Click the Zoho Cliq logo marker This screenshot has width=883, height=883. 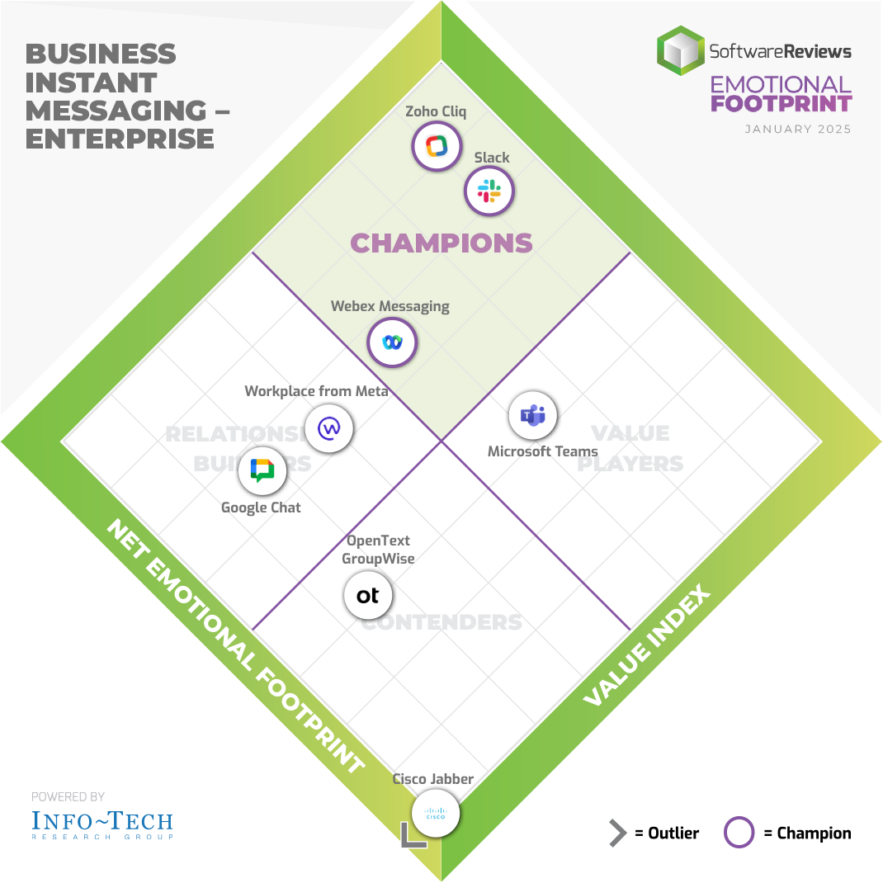click(436, 146)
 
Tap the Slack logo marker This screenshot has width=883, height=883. click(489, 191)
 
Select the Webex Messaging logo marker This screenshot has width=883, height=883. click(392, 341)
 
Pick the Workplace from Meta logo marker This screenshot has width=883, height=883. click(329, 428)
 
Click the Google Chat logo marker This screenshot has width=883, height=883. click(262, 471)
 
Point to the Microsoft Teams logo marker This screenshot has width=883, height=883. click(532, 416)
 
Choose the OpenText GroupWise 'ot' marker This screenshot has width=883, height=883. click(367, 595)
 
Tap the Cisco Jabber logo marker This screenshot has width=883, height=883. click(434, 815)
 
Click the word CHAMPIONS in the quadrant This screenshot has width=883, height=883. click(441, 243)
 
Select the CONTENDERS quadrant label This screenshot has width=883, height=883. click(441, 621)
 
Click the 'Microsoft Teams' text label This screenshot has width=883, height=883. click(542, 451)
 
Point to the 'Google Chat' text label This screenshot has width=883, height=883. click(261, 508)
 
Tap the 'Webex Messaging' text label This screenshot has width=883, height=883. click(390, 306)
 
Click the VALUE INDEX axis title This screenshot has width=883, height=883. click(647, 646)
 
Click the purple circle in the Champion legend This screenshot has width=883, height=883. click(739, 833)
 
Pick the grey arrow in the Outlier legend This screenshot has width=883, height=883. click(617, 833)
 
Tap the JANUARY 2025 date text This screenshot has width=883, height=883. click(797, 130)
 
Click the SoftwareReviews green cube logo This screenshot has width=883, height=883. click(681, 51)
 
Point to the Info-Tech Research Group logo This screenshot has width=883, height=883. click(102, 824)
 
